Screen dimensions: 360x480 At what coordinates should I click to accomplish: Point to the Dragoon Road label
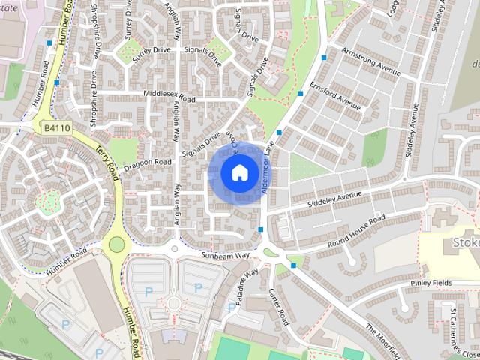click(x=148, y=161)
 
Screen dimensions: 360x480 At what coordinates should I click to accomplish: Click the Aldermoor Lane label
click(x=270, y=169)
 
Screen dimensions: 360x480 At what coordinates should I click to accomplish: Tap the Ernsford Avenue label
click(x=338, y=100)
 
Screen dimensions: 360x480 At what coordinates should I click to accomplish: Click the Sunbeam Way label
click(x=225, y=256)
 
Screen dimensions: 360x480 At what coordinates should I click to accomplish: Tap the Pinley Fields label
click(x=431, y=283)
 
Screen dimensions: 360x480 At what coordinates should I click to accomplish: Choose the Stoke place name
click(x=465, y=243)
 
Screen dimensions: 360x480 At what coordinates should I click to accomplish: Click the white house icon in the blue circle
click(x=239, y=172)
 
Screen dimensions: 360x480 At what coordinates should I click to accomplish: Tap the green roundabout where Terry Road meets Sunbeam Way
click(x=116, y=244)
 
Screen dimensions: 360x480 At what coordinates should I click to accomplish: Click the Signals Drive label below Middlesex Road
click(x=201, y=144)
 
